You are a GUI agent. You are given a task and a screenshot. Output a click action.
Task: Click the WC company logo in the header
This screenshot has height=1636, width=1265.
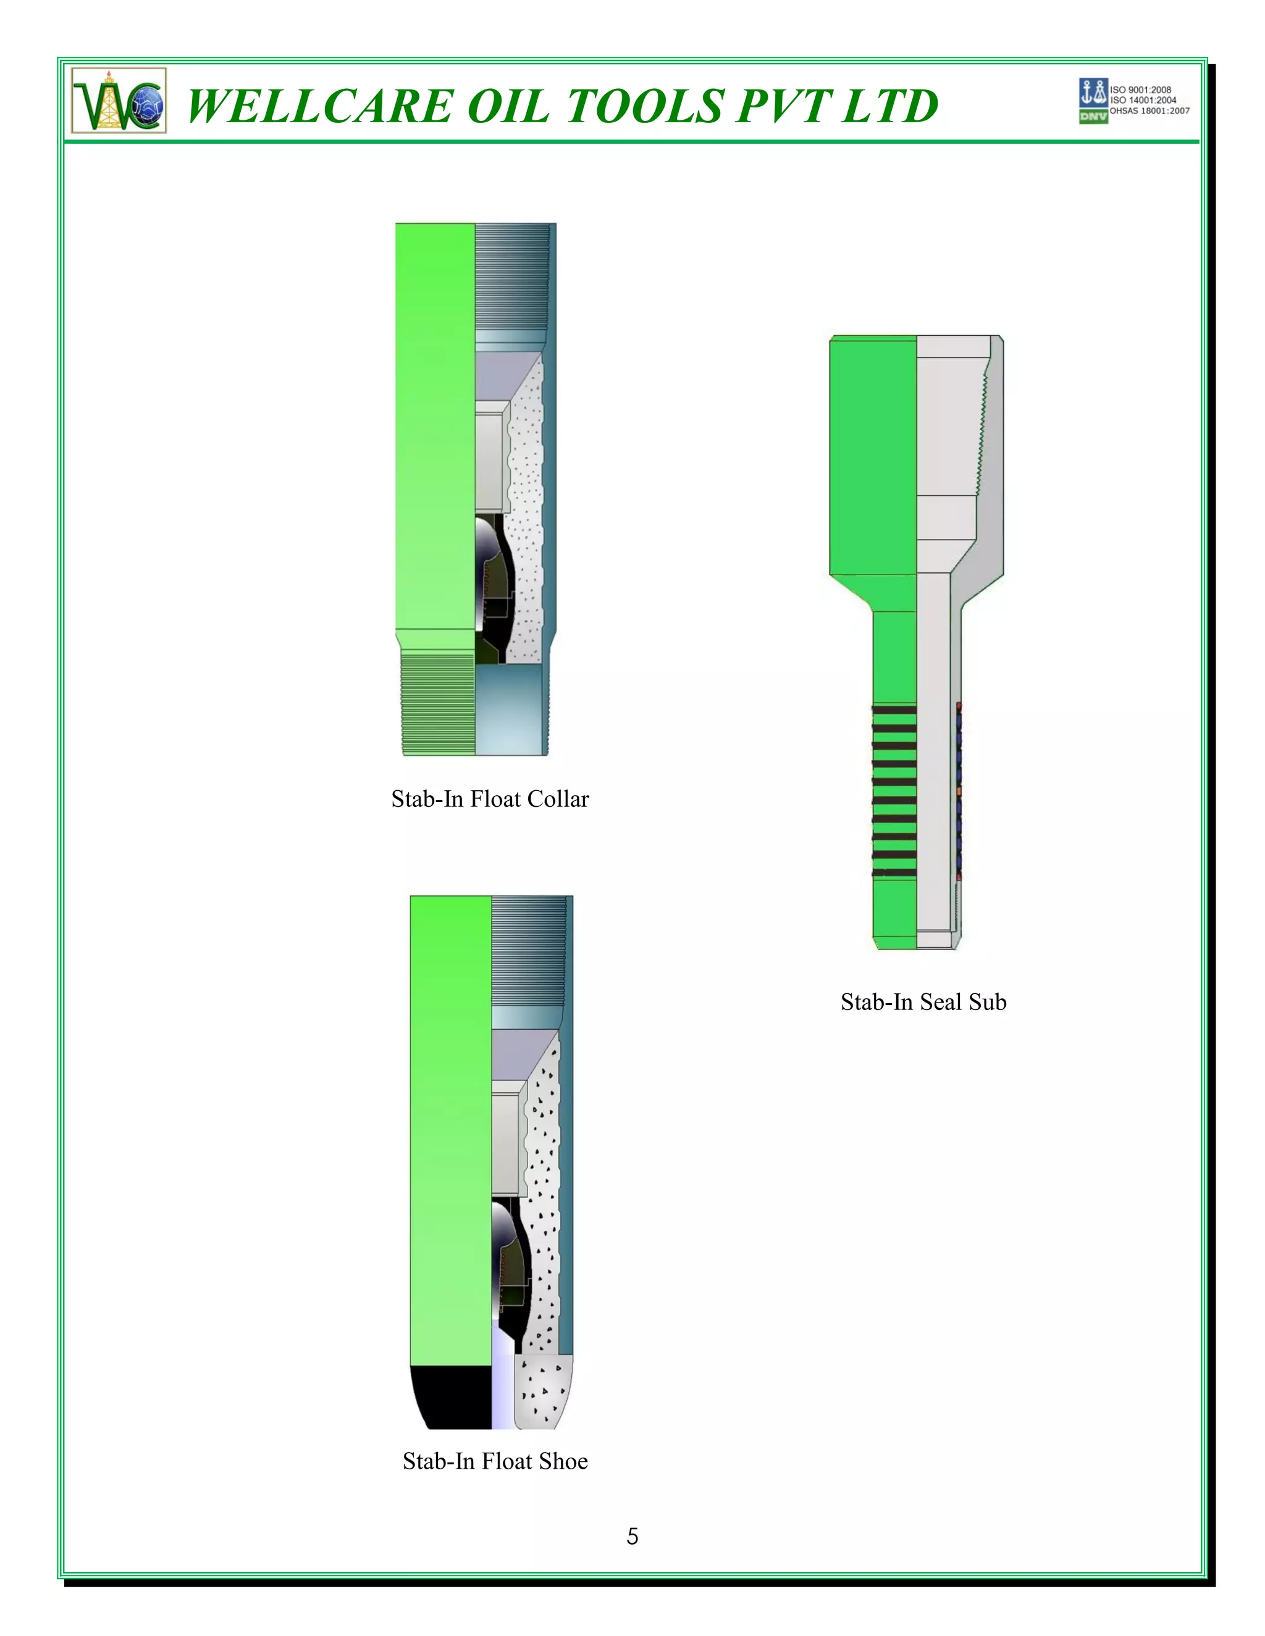(x=119, y=101)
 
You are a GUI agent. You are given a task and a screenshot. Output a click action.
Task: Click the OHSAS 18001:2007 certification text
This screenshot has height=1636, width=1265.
(x=1149, y=111)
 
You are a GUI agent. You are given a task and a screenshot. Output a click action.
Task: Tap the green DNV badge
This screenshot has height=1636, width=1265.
(x=1093, y=117)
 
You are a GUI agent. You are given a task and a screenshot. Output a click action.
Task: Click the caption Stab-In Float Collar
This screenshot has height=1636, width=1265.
(x=490, y=799)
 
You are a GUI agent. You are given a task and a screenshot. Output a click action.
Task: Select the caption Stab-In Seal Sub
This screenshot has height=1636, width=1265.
(x=923, y=1002)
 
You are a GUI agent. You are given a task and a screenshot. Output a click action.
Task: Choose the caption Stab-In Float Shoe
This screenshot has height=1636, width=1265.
(x=495, y=1461)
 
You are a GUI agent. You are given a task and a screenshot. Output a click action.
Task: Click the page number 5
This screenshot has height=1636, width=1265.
(x=632, y=1537)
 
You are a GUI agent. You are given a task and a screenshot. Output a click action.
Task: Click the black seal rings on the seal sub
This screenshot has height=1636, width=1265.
(x=894, y=790)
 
